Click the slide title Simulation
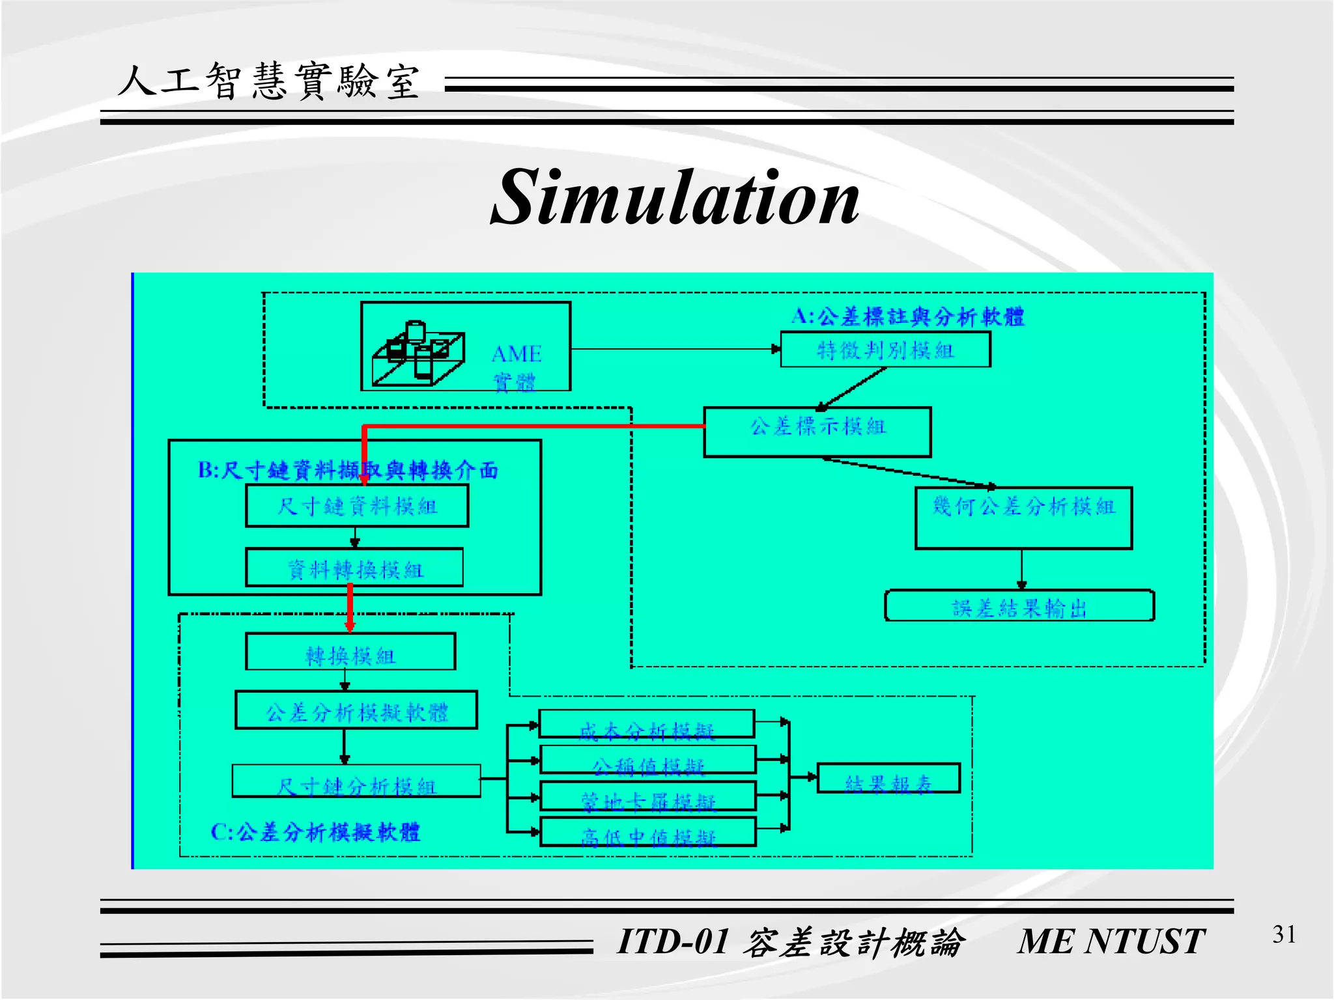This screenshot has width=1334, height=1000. (x=675, y=197)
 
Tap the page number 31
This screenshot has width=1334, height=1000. (x=1284, y=935)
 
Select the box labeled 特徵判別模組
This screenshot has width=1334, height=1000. (x=885, y=350)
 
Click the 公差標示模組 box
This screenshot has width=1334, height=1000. (x=817, y=432)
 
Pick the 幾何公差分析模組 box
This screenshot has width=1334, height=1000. (x=1023, y=518)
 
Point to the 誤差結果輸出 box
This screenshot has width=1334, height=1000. (x=1019, y=606)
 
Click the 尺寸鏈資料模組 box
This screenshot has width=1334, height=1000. (x=357, y=506)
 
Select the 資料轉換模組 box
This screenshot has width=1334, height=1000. (x=354, y=568)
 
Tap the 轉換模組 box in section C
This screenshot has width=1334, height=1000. (x=350, y=652)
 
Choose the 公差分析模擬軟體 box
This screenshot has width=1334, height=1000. (x=356, y=710)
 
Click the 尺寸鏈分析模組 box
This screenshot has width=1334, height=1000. (x=356, y=781)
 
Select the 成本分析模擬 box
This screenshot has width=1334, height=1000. (x=647, y=724)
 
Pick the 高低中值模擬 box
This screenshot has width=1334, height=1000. (x=648, y=832)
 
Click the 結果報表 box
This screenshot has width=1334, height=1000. (x=888, y=779)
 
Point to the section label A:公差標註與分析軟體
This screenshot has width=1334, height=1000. (x=907, y=317)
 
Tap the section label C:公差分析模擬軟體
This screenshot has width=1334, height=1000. (x=315, y=832)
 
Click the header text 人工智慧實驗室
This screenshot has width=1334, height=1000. (x=268, y=83)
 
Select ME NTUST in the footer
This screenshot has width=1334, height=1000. (x=1111, y=941)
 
